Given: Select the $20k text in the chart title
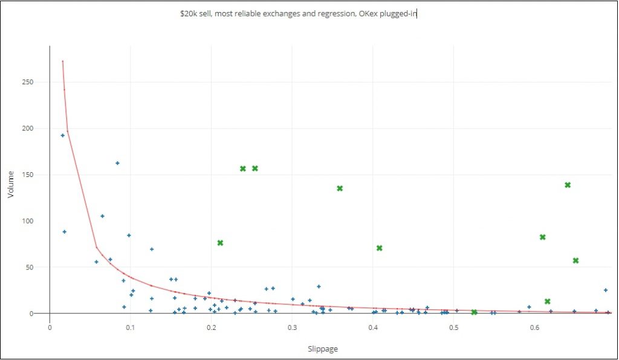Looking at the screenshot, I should pos(190,13).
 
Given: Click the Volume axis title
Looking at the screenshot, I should pos(10,185).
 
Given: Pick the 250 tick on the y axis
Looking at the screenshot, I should pos(37,82).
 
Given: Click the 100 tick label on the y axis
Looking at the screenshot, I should pos(37,221).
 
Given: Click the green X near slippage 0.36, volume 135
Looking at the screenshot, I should pos(340,188).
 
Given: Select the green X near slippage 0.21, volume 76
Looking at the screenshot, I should pos(220,243).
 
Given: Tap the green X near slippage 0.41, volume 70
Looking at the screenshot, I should pos(380,248).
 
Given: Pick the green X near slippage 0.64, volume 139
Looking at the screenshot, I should pos(568,185).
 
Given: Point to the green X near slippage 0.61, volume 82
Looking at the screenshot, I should pos(543,237).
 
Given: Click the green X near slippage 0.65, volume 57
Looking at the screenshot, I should pos(575,261).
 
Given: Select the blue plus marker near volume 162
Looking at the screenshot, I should pos(117,163).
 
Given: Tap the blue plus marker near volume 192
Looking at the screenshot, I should pos(62,135).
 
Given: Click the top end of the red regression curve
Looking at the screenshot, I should pos(62,61).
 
